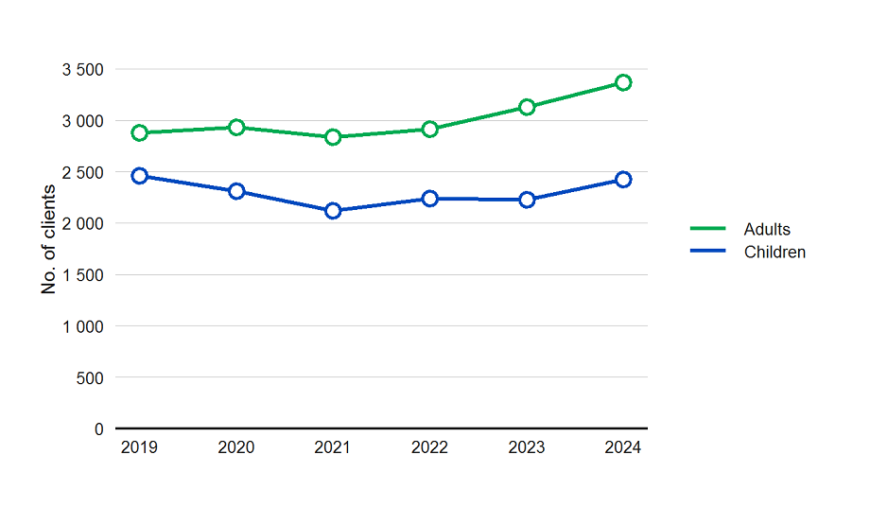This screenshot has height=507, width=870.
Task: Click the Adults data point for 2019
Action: (140, 132)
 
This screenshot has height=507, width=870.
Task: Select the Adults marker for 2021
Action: (333, 137)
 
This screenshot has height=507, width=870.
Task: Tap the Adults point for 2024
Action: (623, 82)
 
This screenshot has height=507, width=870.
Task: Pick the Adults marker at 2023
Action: (527, 107)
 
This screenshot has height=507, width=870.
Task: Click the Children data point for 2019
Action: (140, 176)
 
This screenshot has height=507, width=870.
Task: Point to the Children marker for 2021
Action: (333, 211)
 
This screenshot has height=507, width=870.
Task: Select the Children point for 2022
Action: (430, 199)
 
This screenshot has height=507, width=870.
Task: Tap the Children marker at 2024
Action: (623, 180)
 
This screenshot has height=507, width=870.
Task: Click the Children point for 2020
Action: (236, 191)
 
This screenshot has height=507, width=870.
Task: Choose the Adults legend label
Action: (767, 229)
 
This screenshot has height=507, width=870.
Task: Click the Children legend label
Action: (774, 252)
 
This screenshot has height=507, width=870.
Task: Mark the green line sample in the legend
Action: (708, 229)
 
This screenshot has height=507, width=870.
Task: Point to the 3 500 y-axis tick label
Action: (83, 70)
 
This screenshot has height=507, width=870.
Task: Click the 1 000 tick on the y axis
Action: (83, 326)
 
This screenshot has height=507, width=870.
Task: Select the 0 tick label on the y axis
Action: (99, 429)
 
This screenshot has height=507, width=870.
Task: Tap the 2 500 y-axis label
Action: (83, 172)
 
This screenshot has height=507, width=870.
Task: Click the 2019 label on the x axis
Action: (140, 447)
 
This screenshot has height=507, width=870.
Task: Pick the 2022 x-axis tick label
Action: (430, 447)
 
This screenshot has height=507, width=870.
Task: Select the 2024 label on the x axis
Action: (623, 447)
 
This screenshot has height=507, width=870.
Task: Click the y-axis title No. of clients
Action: (49, 240)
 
